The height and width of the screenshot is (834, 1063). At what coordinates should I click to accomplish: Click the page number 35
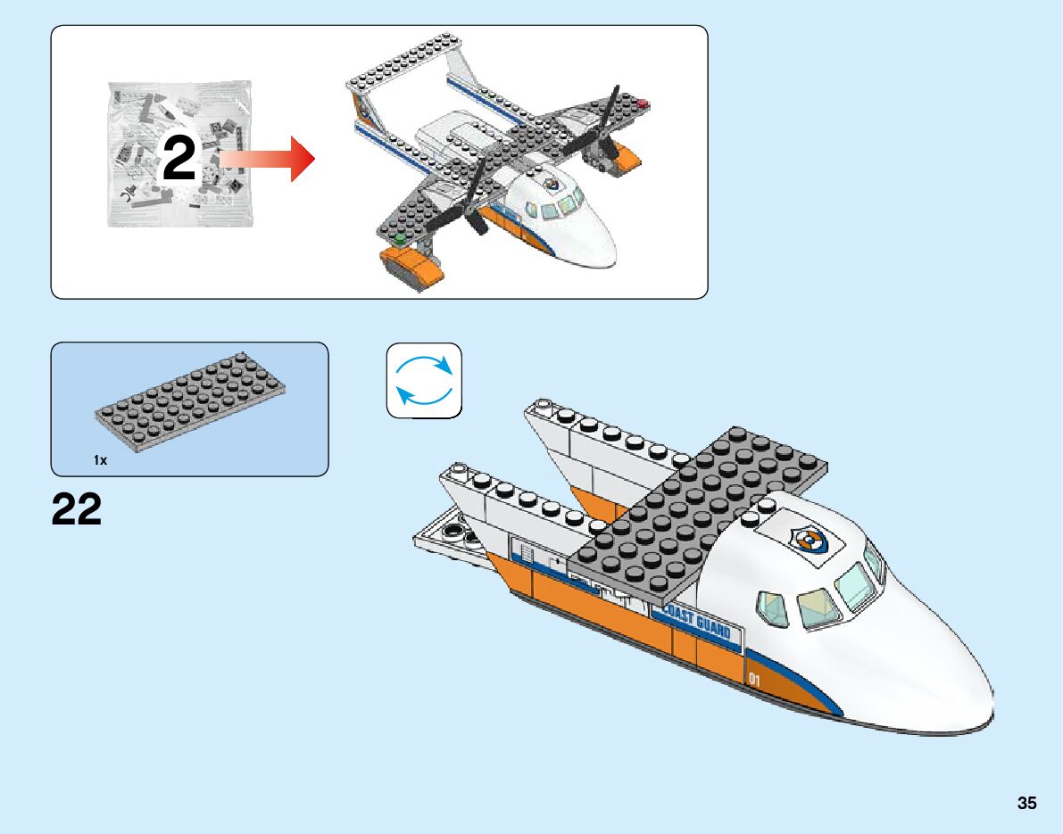(1026, 803)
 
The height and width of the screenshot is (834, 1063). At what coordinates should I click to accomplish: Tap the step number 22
(77, 509)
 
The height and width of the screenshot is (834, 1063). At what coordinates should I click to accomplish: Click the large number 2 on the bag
(179, 159)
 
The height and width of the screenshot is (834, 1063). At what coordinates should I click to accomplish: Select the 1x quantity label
(100, 460)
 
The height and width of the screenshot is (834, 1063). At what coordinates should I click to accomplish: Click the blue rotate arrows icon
(424, 380)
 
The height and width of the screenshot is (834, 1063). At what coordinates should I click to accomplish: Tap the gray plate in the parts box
(190, 401)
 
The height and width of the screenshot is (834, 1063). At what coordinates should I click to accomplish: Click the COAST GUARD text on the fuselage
(695, 621)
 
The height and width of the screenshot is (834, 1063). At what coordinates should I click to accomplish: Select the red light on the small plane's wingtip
(644, 103)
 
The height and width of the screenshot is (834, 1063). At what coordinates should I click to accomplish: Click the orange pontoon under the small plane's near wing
(411, 265)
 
